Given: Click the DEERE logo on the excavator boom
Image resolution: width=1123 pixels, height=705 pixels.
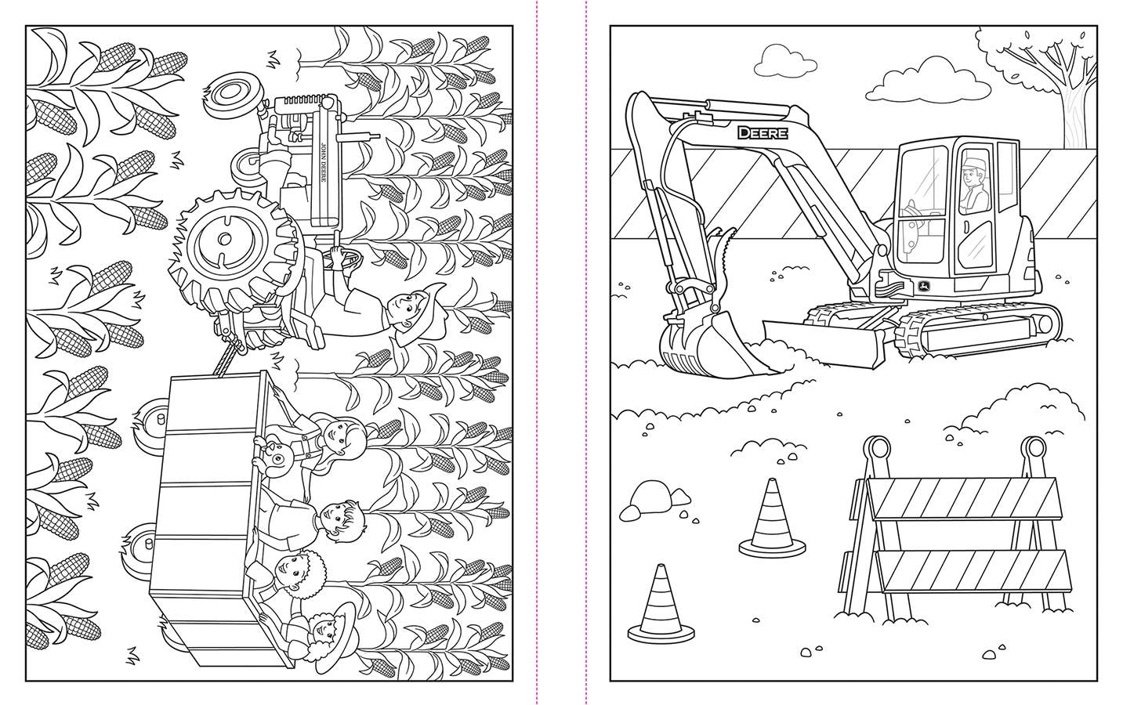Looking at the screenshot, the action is coord(762,133).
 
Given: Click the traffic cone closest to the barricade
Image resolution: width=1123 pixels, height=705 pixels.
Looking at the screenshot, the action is coord(773,518).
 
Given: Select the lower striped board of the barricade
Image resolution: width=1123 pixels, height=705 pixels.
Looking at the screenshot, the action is coord(972,571).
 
